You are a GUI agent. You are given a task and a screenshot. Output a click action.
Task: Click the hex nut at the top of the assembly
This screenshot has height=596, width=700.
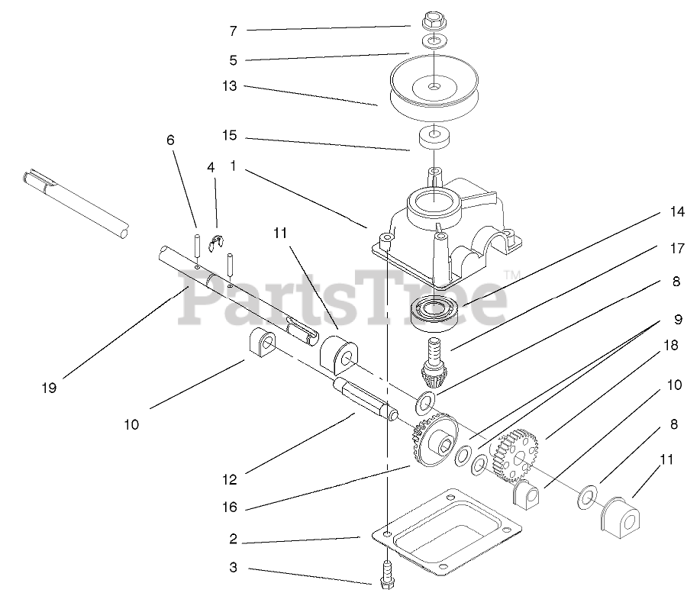(x=433, y=18)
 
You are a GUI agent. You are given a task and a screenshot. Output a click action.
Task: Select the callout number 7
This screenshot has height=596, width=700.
(x=233, y=31)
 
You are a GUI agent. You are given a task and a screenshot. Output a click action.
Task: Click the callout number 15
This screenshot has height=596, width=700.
(x=230, y=136)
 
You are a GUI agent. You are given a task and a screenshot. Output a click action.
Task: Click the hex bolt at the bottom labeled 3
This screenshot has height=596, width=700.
(x=384, y=572)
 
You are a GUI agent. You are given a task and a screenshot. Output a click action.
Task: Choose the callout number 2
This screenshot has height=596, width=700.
(x=233, y=539)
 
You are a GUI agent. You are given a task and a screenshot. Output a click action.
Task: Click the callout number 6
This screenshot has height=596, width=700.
(x=170, y=141)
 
